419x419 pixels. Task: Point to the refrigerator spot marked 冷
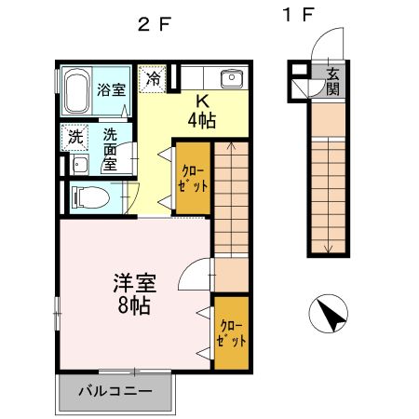[152, 78]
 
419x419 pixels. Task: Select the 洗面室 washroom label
[110, 149]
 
